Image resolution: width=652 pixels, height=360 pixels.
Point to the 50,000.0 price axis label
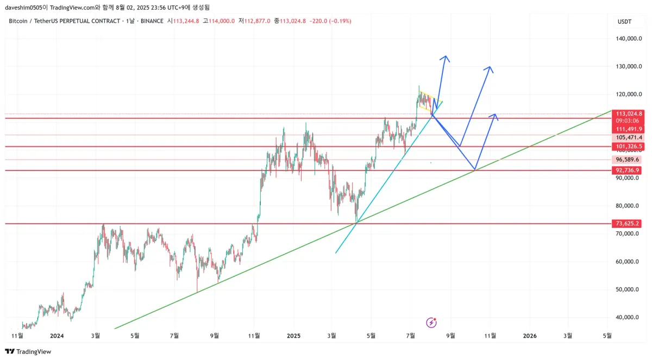coord(629,289)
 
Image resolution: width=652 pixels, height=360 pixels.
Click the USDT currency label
coord(624,21)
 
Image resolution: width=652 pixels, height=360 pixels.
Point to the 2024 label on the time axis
coord(57,336)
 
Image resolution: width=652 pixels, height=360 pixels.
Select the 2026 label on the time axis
coord(529,336)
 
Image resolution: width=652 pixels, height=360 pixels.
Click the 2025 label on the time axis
coord(293,336)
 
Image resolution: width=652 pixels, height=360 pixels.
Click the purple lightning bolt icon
coord(431,323)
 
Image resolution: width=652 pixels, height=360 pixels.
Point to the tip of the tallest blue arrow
coord(446,56)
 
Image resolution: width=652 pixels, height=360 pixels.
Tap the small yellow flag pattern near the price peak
coord(427,101)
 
